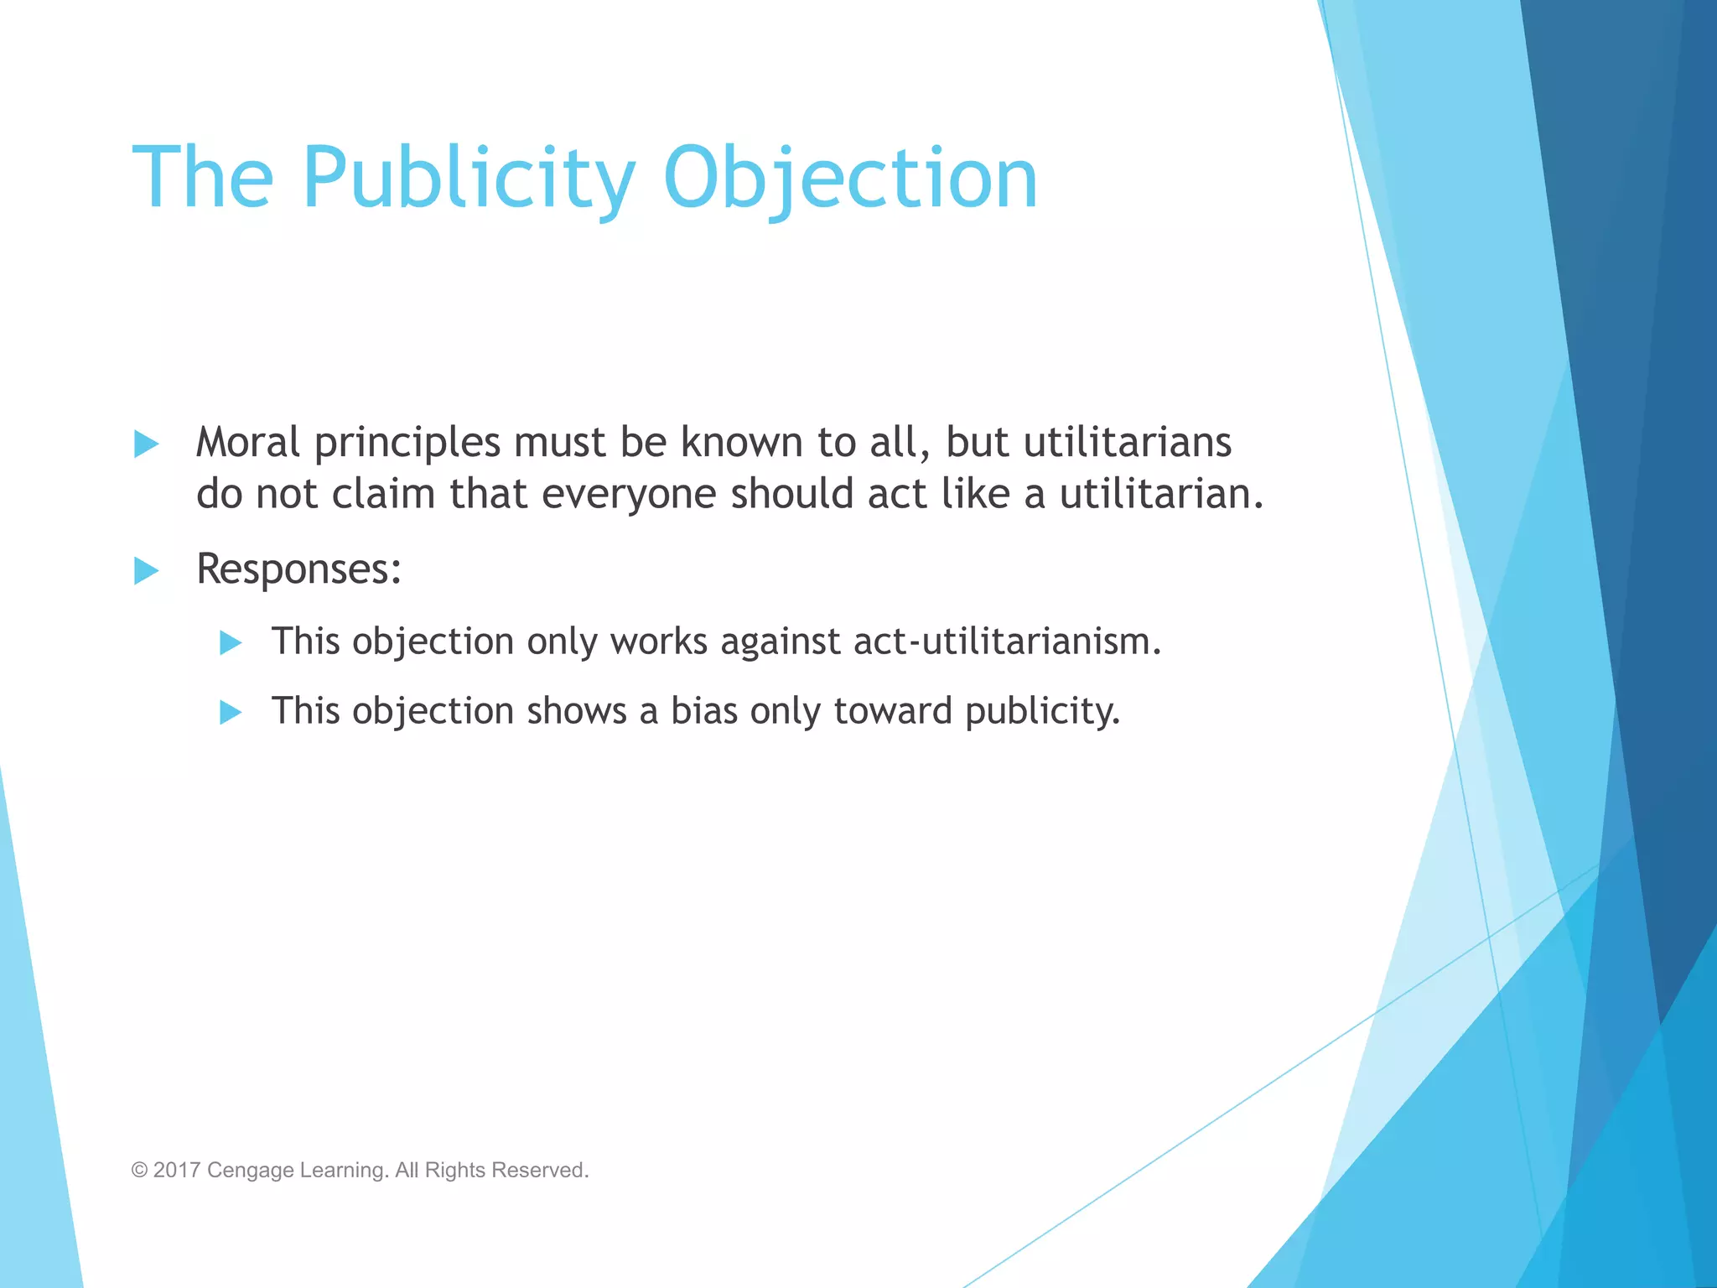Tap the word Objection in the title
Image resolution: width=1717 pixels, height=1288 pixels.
(850, 178)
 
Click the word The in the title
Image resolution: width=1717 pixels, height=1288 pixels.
(203, 178)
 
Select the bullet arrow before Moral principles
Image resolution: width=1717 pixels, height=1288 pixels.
(147, 444)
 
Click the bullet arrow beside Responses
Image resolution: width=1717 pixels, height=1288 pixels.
(147, 571)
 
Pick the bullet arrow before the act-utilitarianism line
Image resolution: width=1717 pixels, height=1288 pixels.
(231, 643)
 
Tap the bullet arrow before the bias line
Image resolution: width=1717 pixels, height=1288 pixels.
(231, 713)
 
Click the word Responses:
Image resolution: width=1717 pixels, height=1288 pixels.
(298, 569)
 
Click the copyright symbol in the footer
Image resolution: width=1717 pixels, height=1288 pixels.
(139, 1171)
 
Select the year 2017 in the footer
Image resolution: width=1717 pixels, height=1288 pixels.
(177, 1171)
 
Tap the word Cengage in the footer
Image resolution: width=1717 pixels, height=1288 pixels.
(250, 1171)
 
